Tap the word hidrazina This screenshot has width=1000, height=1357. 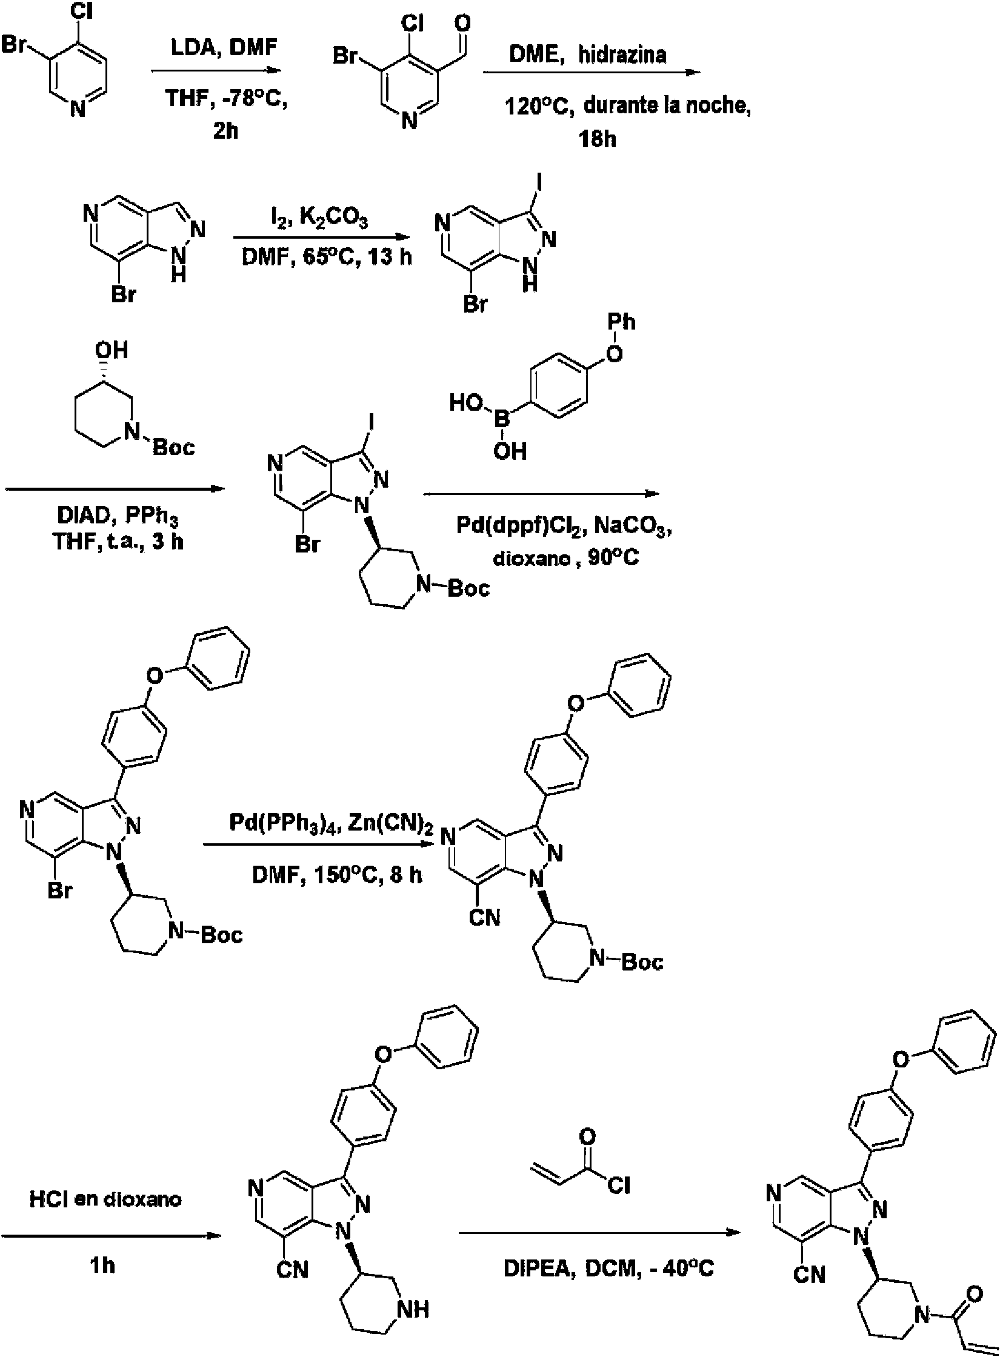[622, 55]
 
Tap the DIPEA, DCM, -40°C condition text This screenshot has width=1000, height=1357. [608, 1267]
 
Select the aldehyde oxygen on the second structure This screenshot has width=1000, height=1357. [462, 24]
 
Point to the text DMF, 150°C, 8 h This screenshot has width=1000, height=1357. [337, 875]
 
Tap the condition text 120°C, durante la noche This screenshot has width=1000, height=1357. [628, 107]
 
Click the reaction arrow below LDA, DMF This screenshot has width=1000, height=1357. [216, 70]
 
